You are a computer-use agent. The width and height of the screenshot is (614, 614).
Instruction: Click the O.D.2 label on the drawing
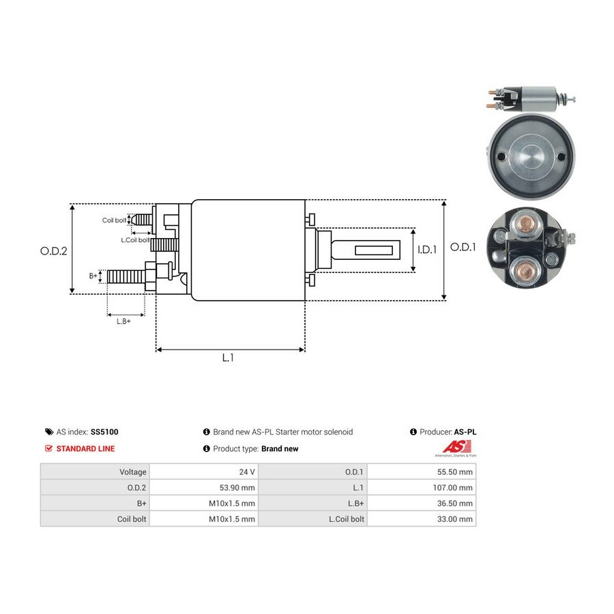(54, 251)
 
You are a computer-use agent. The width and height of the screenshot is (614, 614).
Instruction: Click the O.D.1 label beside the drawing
(463, 247)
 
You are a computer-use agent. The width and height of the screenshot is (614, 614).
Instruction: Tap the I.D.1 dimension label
(427, 250)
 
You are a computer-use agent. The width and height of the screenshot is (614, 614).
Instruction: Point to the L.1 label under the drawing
(228, 357)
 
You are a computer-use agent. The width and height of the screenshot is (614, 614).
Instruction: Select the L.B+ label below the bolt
(123, 321)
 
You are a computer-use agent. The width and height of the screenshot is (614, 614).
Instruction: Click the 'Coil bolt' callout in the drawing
(114, 220)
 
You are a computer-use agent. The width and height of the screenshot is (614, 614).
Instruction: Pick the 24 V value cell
(247, 472)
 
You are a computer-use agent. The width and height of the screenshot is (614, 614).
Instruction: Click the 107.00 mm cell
(452, 488)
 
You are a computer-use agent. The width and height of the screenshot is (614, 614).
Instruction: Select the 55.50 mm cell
(454, 472)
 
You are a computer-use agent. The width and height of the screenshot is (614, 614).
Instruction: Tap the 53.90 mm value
(237, 488)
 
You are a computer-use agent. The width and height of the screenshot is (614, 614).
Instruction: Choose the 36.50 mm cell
(454, 503)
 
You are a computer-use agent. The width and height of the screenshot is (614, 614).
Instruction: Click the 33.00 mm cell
(454, 519)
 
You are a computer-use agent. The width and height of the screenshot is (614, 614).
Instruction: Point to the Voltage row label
(133, 472)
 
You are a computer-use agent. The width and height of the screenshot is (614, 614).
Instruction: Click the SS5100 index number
(104, 432)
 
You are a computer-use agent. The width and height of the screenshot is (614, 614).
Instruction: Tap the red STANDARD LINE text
(85, 449)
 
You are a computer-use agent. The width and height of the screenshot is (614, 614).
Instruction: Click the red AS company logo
(457, 447)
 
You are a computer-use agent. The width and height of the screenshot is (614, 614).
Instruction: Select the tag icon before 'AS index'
(49, 432)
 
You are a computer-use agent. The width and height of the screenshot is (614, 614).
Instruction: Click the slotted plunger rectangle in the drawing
(374, 250)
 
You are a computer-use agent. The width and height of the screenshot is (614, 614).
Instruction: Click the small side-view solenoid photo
(531, 99)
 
